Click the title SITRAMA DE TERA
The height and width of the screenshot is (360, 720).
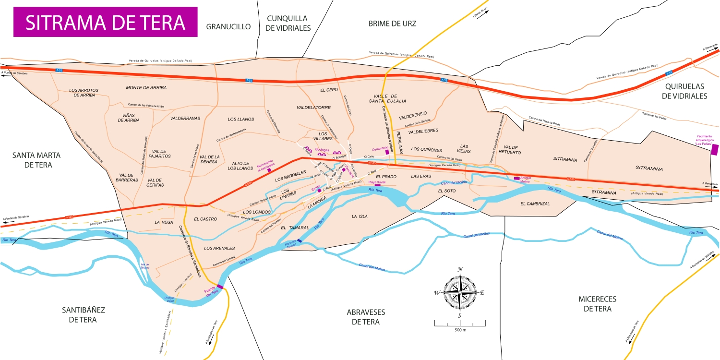[105, 23]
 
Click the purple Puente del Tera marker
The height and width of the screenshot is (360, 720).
[220, 287]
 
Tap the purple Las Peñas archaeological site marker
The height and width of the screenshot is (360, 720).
[715, 149]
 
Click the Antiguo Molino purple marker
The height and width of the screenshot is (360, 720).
[516, 178]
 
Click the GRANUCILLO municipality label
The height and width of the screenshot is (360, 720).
[228, 27]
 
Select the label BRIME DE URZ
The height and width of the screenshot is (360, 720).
[392, 24]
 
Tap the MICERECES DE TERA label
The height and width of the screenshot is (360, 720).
[597, 304]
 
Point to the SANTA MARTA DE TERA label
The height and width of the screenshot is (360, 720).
[32, 160]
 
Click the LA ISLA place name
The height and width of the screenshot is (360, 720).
[360, 216]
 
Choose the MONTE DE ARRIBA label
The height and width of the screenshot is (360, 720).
[146, 88]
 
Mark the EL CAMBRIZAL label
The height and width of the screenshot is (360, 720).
[535, 204]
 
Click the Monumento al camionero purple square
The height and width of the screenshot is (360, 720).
[269, 170]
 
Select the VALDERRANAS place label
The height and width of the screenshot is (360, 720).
[185, 118]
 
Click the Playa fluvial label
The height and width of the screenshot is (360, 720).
[377, 182]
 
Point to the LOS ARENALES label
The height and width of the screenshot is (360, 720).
[219, 248]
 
